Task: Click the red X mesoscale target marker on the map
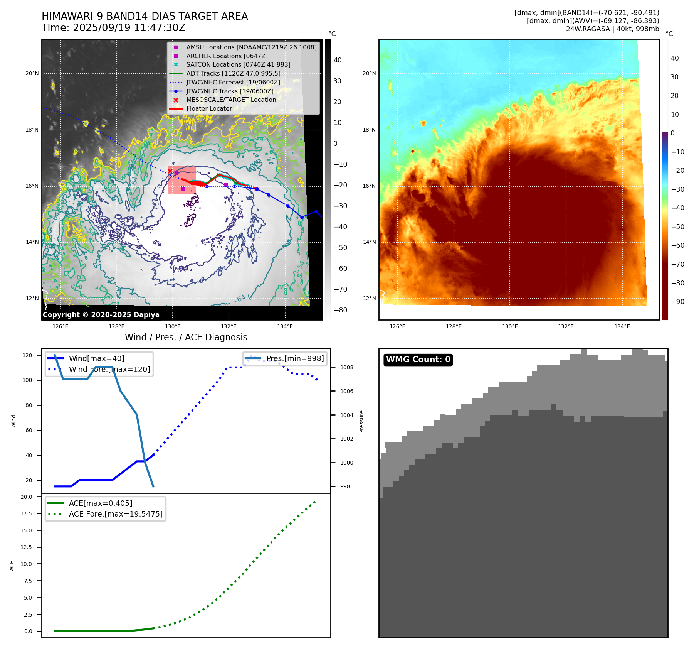click(170, 171)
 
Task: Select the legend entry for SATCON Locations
click(238, 65)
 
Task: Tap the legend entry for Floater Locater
click(209, 109)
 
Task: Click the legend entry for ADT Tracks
click(233, 74)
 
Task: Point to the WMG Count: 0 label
click(418, 360)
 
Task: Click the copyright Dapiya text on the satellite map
click(101, 315)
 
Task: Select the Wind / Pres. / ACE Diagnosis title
click(186, 337)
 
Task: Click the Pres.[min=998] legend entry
click(295, 358)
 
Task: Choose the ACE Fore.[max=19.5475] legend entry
click(116, 514)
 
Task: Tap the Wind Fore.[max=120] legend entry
click(109, 369)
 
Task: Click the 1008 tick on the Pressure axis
click(346, 367)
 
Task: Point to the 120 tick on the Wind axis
click(27, 355)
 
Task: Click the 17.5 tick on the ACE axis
click(26, 513)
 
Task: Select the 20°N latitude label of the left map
click(32, 74)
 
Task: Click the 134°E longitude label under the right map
click(622, 327)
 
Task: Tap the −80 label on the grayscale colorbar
click(340, 310)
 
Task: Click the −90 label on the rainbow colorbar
click(677, 302)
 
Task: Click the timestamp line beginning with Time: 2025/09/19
click(114, 28)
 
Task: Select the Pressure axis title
click(361, 421)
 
